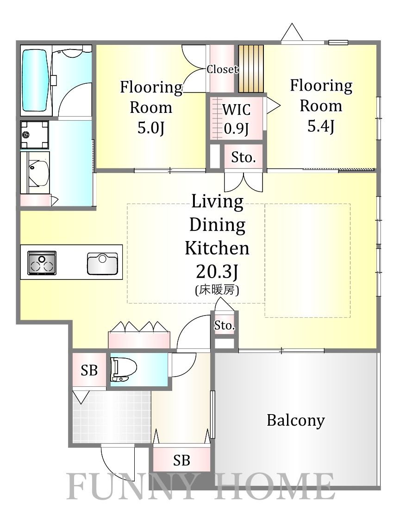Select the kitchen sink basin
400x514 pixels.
tap(102, 264)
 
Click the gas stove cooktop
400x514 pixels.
tap(42, 263)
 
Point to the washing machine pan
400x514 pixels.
tap(34, 135)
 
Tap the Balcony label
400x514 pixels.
tap(296, 420)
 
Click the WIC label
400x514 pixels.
tap(237, 110)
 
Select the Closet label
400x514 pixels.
tap(223, 69)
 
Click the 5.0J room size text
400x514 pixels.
tap(150, 128)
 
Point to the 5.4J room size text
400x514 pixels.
tap(321, 126)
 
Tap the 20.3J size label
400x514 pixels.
tap(217, 272)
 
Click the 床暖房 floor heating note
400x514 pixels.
tap(217, 290)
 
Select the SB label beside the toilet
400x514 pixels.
tap(89, 371)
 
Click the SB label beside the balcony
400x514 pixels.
tap(181, 461)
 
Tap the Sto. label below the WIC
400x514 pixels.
tap(243, 158)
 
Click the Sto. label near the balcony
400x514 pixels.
tap(225, 326)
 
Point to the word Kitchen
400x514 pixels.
tap(217, 248)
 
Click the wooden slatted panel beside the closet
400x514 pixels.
tap(251, 68)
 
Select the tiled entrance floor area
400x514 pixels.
tap(112, 417)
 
